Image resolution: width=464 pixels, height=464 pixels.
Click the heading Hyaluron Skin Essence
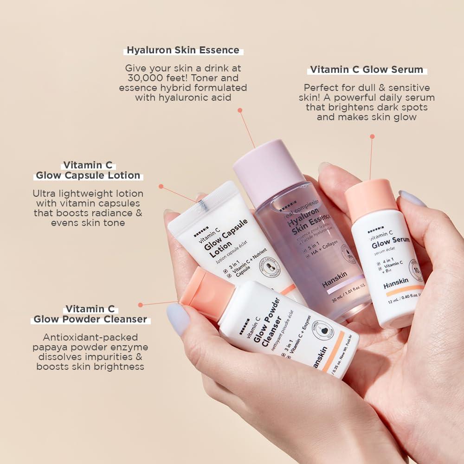pos(183,50)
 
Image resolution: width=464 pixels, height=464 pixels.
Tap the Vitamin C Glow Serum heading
pos(367,70)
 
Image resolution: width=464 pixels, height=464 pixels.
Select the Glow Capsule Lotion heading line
pos(88,175)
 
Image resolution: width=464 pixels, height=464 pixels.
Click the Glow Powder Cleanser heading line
pos(90,319)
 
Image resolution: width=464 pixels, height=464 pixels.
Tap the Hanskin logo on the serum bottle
pos(395,285)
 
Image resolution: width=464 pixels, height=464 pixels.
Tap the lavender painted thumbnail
pos(178,319)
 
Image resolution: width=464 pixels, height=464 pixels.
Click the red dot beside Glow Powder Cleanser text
pos(141,305)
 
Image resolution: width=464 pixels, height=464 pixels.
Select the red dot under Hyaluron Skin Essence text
pos(240,110)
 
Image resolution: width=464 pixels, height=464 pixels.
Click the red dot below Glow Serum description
pos(372,136)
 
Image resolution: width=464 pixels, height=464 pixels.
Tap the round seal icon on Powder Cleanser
pos(321,330)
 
